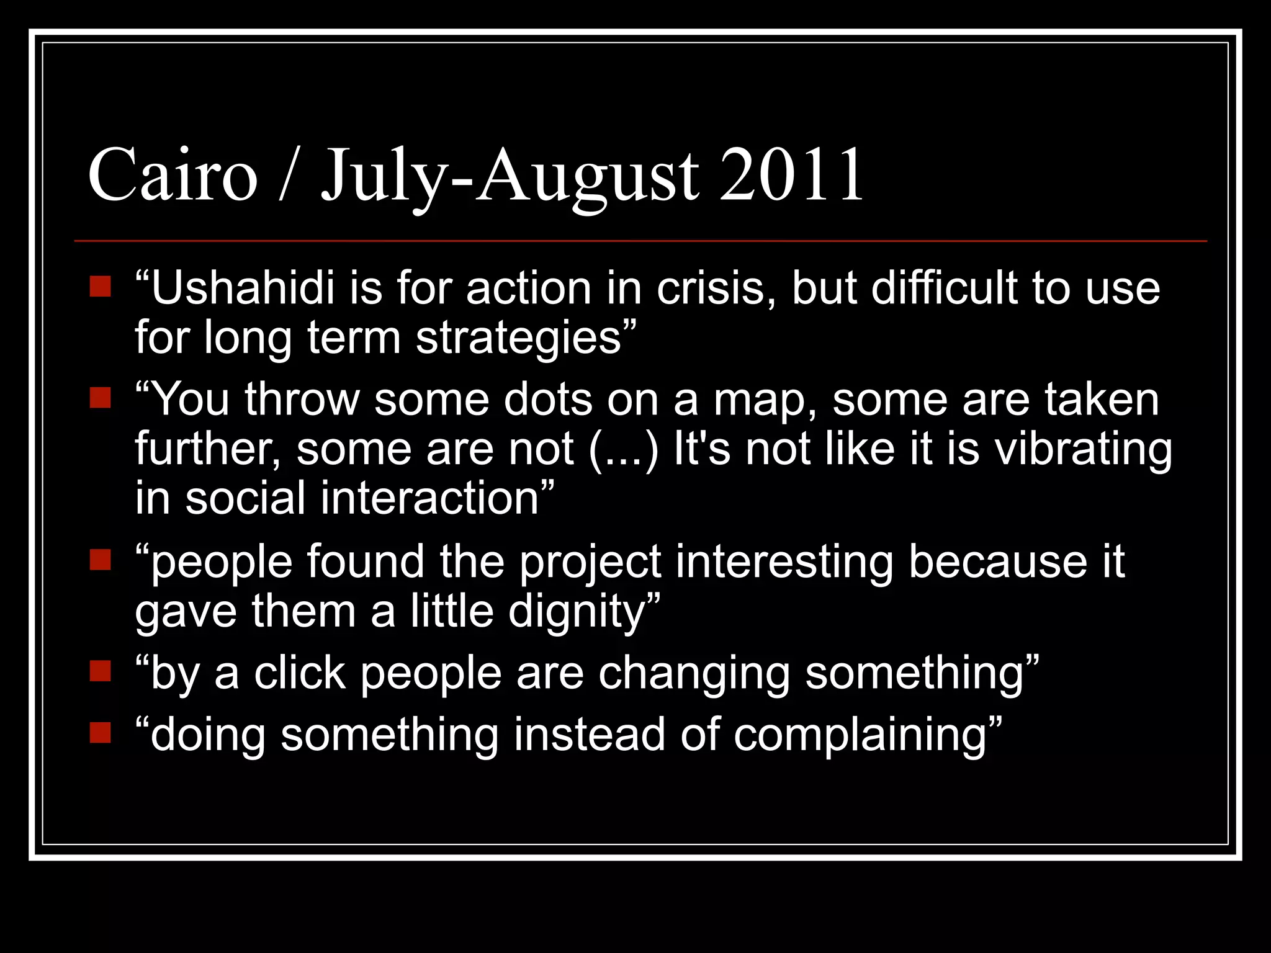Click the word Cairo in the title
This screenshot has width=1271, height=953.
click(173, 175)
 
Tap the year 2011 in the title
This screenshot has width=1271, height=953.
click(791, 175)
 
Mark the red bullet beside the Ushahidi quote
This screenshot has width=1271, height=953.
click(100, 287)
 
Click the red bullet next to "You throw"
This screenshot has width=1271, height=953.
click(100, 398)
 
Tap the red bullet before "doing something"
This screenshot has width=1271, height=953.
click(100, 733)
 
